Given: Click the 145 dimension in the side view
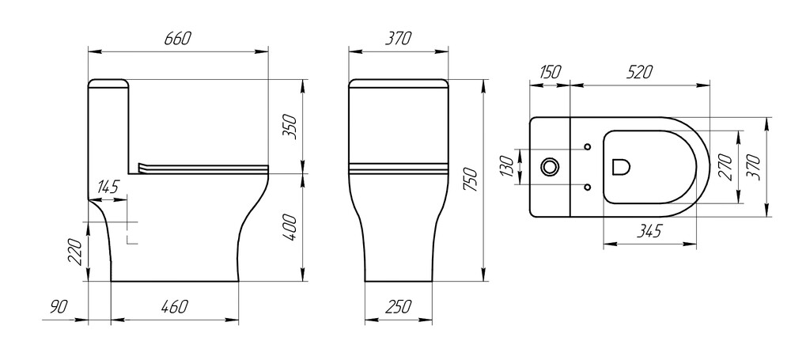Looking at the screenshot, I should [x=108, y=188].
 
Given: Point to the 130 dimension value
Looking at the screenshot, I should [x=507, y=166].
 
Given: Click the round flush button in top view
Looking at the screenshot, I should [x=549, y=167].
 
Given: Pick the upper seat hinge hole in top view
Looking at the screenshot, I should [x=586, y=147].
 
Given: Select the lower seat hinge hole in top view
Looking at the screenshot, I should [x=586, y=187].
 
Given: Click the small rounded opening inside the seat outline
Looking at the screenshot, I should [x=621, y=167].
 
